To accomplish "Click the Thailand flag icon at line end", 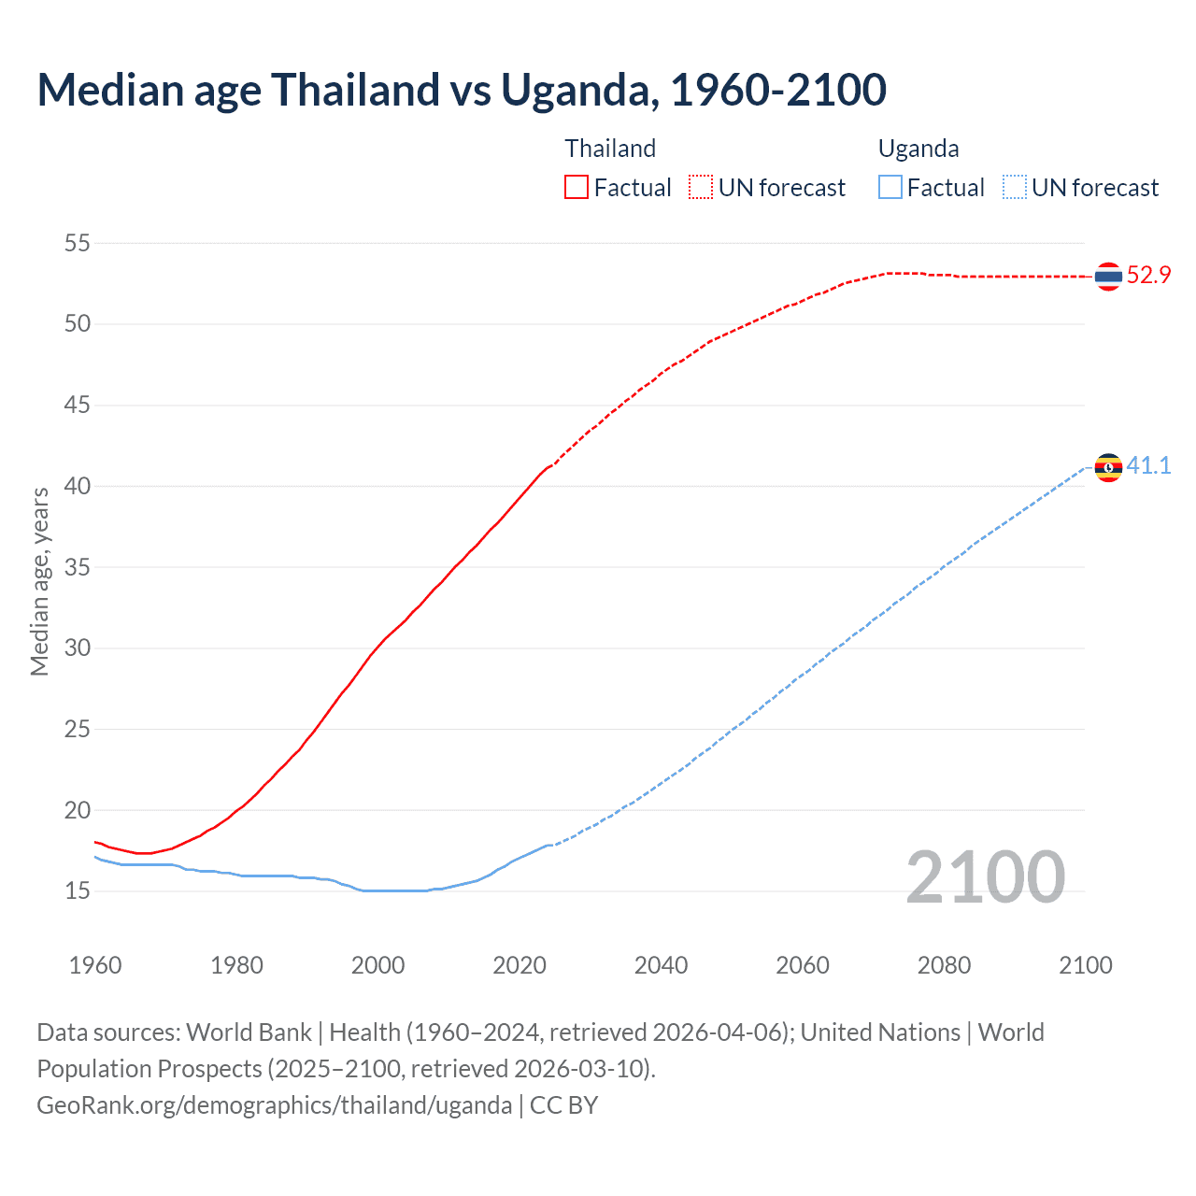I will click(1108, 277).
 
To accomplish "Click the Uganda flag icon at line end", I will click(1108, 467).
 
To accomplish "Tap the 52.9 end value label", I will click(1148, 276).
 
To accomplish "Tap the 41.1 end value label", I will click(1148, 465).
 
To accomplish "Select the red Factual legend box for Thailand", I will click(577, 187).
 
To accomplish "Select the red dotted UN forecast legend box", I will click(701, 187).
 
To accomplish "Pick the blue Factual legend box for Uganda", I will click(890, 187).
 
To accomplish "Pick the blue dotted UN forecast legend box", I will click(1014, 187).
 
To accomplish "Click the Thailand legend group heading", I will click(610, 149).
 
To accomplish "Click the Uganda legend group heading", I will click(918, 149).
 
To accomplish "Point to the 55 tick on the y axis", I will click(78, 244).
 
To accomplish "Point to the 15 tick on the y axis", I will click(78, 891).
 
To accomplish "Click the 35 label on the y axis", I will click(78, 567).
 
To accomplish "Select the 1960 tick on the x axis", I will click(95, 965).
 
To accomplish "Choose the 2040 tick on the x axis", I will click(661, 965).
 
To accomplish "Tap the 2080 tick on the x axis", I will click(944, 965).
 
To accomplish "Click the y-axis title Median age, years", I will click(39, 581).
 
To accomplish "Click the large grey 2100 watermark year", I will click(985, 876).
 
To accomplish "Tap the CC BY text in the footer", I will click(563, 1105).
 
